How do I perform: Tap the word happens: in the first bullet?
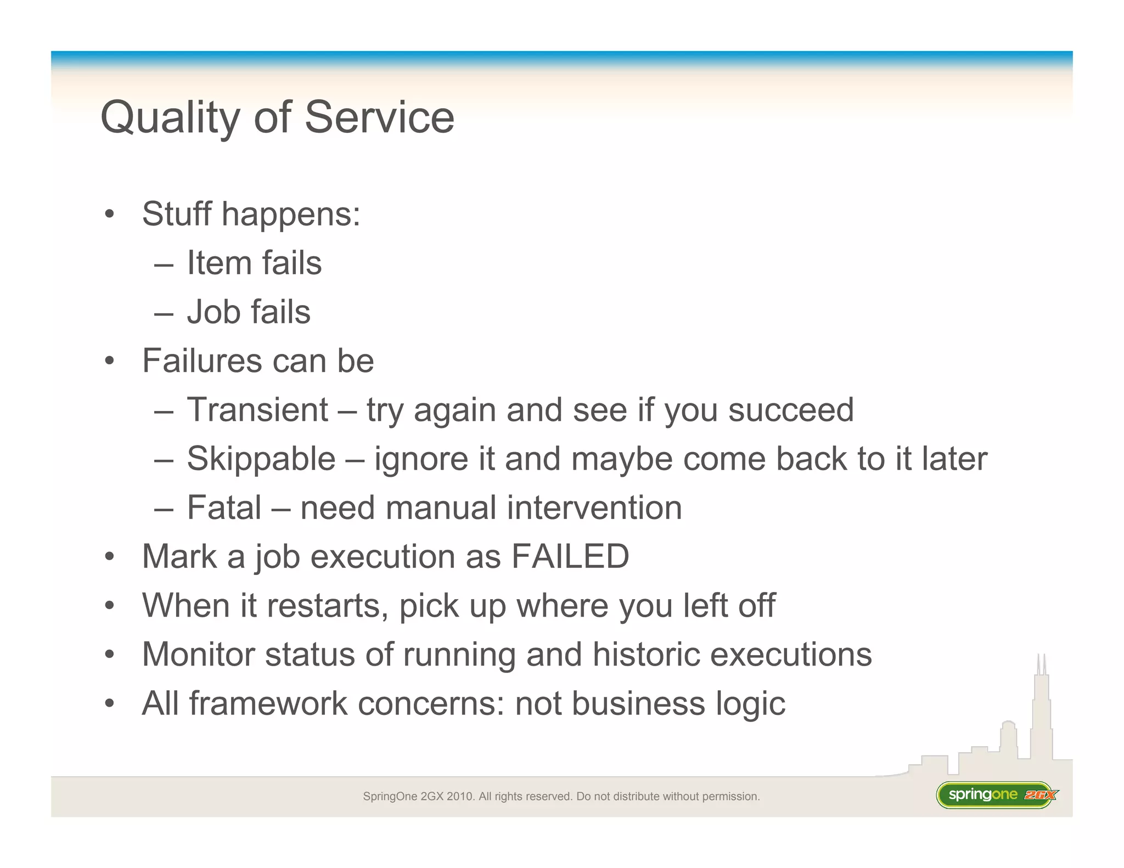coord(291,214)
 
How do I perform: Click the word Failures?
coord(202,360)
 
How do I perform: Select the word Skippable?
coord(261,459)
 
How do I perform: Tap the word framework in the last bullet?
coord(268,703)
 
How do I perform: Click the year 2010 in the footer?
coord(460,796)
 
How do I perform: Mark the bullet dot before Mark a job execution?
coord(110,557)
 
